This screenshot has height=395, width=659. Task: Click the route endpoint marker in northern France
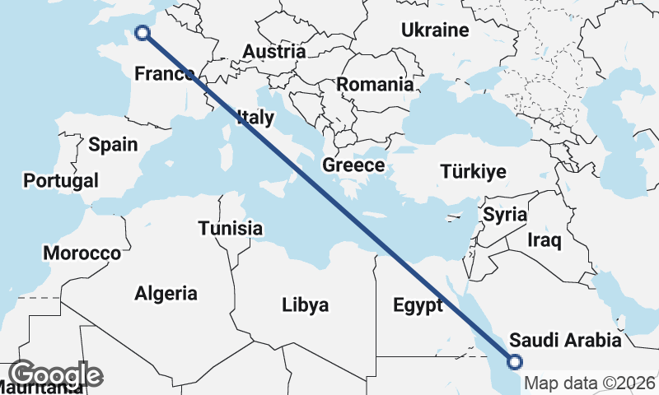coord(143,33)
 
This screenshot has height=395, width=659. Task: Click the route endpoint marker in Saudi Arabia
coord(515,360)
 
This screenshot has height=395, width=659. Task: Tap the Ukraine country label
coord(435,30)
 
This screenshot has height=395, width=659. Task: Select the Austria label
coord(273,51)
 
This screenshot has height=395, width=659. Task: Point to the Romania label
coord(375,84)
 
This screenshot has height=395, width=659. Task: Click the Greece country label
coord(353,165)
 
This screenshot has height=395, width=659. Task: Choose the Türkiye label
coord(473,171)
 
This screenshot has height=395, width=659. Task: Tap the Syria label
coord(505,215)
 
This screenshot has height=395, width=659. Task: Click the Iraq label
coord(544,240)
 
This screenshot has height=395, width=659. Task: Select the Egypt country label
coord(418,305)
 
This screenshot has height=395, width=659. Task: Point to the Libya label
coord(305,305)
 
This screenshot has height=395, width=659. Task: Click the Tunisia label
coord(231,229)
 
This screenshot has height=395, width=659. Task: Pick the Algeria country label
coord(166,292)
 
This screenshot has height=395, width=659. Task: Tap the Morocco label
coord(82,253)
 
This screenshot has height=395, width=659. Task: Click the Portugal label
coord(61,180)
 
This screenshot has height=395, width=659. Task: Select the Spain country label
coord(113,145)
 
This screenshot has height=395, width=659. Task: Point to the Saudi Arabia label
coord(564,340)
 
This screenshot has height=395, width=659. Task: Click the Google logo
coord(55,374)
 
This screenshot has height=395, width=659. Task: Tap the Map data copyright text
coord(590,383)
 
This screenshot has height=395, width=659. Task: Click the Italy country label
coord(255,117)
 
